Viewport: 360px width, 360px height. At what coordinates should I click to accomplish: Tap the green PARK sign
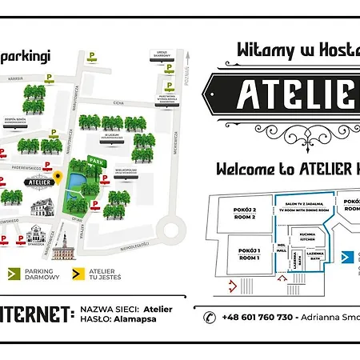coord(97,162)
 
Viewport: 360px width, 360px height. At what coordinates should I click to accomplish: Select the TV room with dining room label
coord(309,206)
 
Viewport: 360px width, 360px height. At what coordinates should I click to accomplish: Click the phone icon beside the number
coord(210,317)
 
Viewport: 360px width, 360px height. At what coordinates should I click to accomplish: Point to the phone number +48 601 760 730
coord(257,317)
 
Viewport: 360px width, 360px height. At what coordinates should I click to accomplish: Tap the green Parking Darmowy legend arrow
coord(12,274)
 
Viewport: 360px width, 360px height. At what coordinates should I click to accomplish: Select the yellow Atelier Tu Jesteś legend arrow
coord(78,274)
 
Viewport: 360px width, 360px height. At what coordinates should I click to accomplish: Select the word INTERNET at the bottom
coord(35,313)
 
